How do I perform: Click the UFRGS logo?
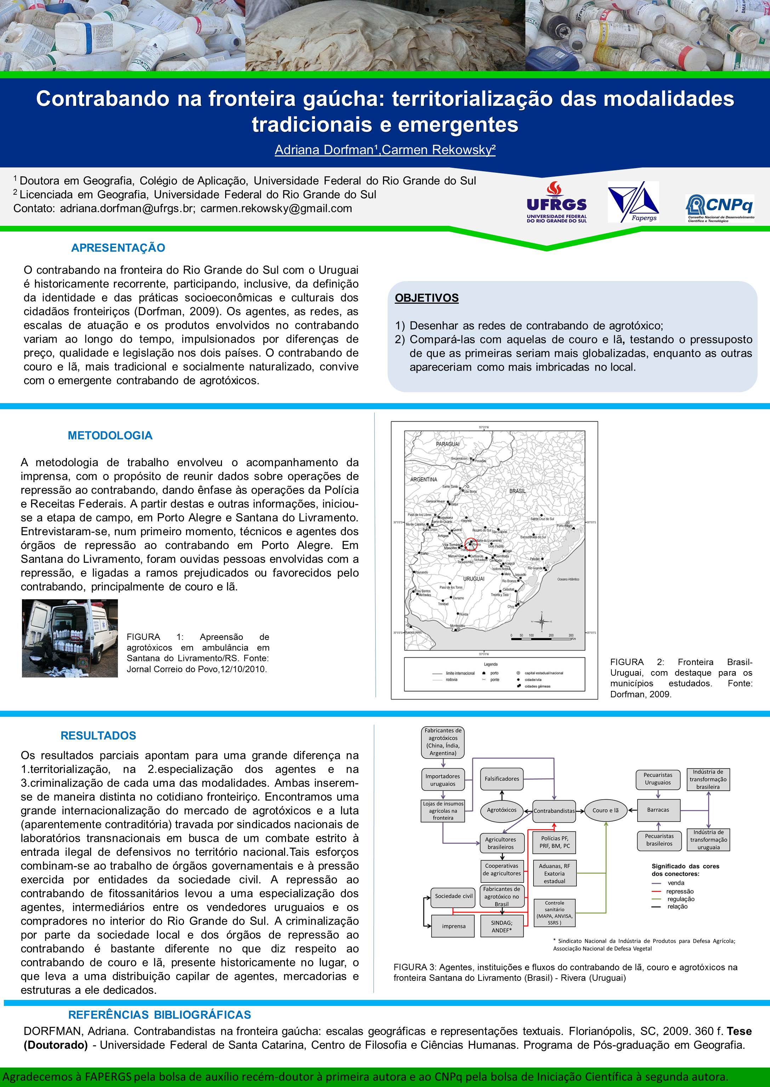[556, 203]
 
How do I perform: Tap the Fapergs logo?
[633, 202]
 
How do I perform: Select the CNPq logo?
[719, 207]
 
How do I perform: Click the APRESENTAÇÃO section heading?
[118, 248]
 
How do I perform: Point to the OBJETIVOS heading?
[427, 298]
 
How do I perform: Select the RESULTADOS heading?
[98, 736]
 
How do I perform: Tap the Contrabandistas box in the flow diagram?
[554, 811]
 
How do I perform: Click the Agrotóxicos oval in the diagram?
[502, 810]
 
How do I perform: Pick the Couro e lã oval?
[605, 810]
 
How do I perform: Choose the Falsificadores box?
[502, 779]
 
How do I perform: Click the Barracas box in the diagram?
[658, 810]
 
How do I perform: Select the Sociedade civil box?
[454, 896]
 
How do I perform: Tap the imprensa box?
[454, 926]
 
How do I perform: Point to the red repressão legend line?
[656, 891]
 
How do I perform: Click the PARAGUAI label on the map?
[447, 444]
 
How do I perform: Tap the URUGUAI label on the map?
[474, 579]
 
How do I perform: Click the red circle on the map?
[471, 545]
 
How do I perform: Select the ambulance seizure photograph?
[70, 638]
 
